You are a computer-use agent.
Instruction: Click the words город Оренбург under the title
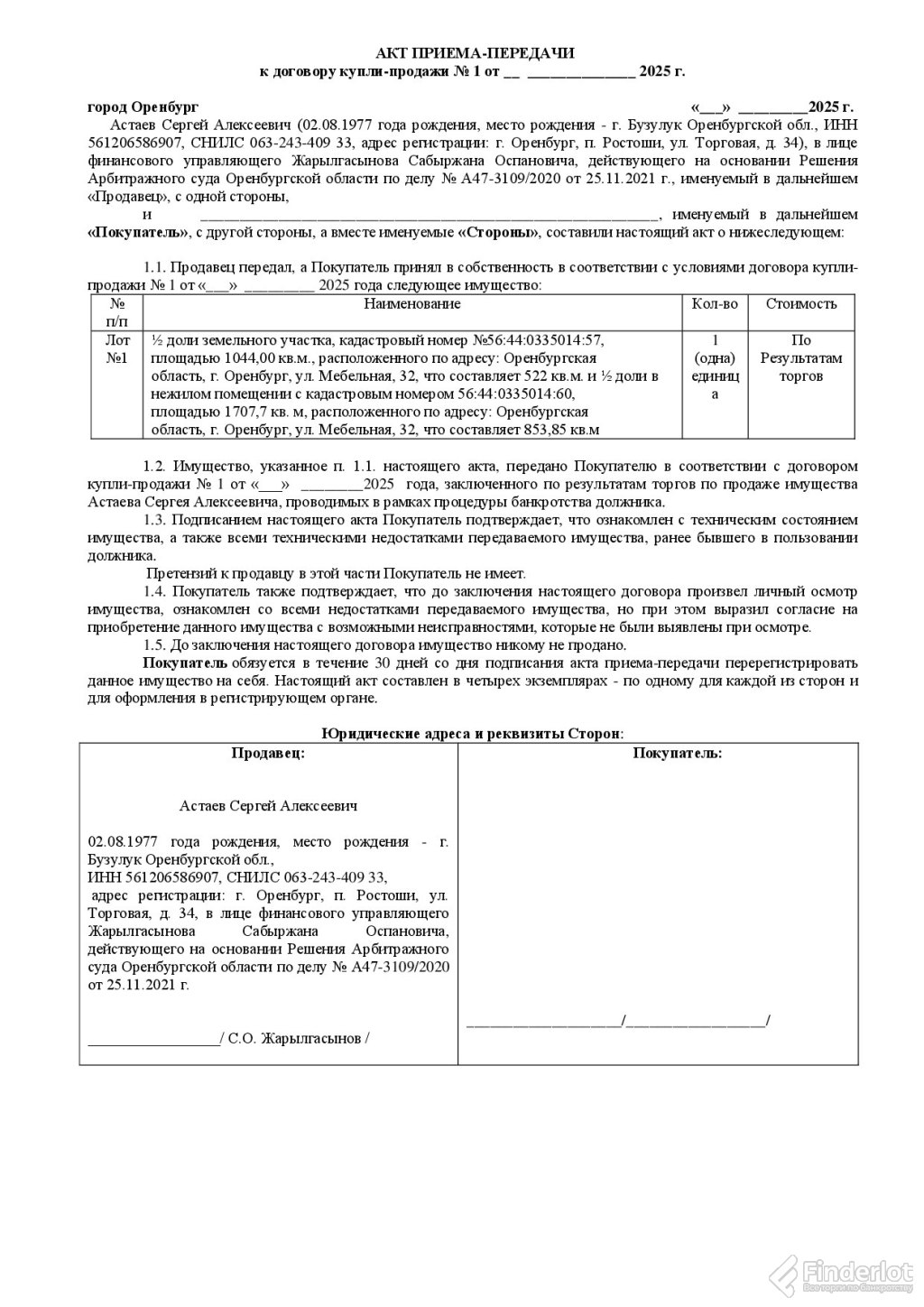pos(143,107)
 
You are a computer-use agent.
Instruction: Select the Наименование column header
pos(411,304)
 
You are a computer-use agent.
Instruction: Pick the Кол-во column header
pos(715,304)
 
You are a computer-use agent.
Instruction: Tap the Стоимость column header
pos(801,304)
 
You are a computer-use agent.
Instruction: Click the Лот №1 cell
pos(117,349)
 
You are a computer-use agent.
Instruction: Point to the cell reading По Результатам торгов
pos(801,358)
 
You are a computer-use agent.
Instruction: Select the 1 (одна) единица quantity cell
pos(715,367)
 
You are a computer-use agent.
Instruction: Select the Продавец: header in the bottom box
pos(268,753)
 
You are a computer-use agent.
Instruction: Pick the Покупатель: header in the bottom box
pos(677,753)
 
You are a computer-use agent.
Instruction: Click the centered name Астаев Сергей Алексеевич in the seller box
pos(268,805)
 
